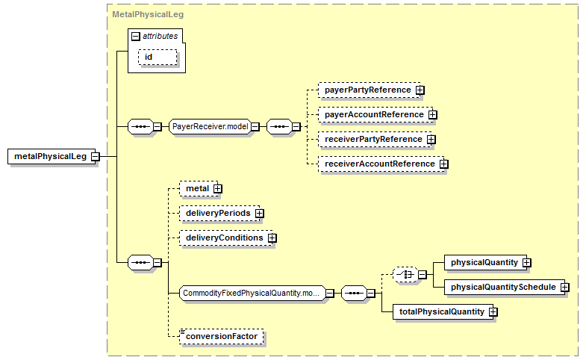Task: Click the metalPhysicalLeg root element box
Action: click(52, 156)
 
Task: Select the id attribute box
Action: click(158, 58)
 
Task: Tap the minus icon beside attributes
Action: click(136, 37)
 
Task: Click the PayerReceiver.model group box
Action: click(210, 126)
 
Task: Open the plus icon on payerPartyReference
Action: click(420, 90)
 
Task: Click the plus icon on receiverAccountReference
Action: click(444, 164)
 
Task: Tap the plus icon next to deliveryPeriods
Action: click(259, 214)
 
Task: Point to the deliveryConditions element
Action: click(226, 238)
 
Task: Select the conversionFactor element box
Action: click(221, 336)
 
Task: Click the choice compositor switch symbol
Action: click(405, 275)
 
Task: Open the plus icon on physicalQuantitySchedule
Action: click(565, 288)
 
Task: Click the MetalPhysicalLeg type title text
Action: click(148, 15)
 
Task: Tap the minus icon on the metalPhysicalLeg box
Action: click(96, 157)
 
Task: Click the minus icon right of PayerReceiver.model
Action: click(255, 127)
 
